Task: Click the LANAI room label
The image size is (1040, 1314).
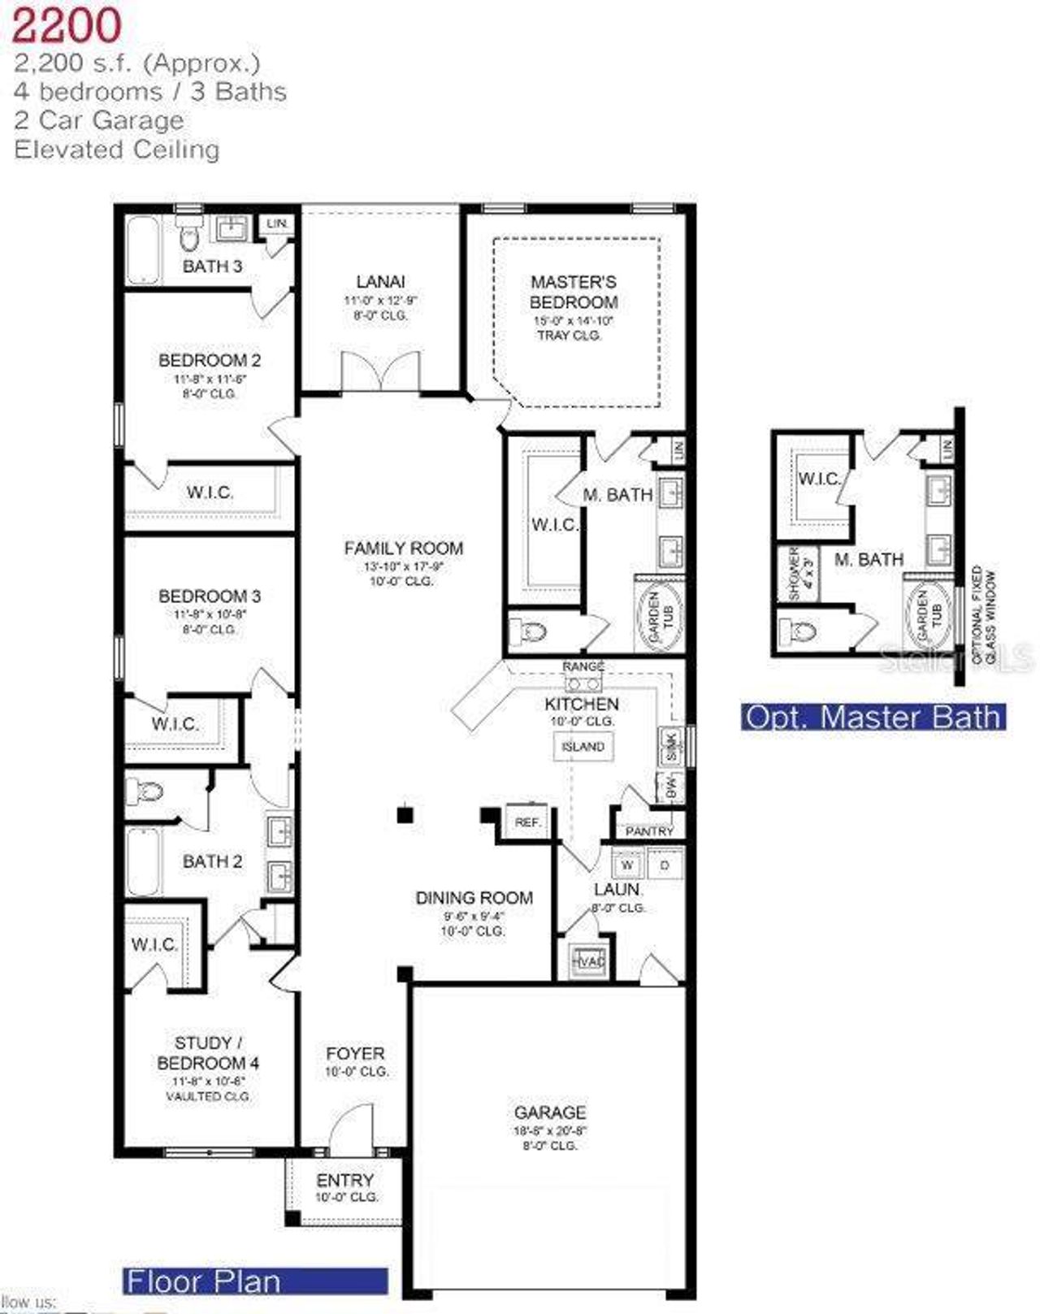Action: (380, 282)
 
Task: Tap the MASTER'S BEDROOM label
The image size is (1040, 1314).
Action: (574, 292)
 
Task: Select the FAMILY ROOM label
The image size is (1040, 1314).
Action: (403, 549)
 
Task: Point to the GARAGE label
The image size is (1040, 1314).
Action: (550, 1112)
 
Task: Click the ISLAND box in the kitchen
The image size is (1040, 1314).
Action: (583, 746)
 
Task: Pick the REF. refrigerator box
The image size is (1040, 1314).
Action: (527, 822)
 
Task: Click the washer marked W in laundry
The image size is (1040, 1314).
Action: (626, 865)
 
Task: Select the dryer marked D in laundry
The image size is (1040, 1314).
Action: (665, 865)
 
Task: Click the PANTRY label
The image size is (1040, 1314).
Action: (649, 830)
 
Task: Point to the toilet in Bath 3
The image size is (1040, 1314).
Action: (189, 238)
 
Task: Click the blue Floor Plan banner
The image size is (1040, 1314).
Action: (255, 1281)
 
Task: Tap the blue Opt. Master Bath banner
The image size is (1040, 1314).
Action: (873, 717)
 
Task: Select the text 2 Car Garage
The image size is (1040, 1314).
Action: (99, 120)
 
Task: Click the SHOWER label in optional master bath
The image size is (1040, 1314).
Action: (795, 574)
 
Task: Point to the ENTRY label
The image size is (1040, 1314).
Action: (345, 1180)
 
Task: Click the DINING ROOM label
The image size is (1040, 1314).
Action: (474, 898)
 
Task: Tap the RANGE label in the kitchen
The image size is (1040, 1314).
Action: (583, 666)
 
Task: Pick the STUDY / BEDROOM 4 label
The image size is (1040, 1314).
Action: (208, 1052)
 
